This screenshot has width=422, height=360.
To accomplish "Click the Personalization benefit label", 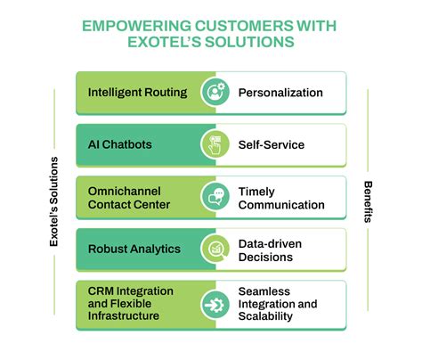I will tap(280, 93).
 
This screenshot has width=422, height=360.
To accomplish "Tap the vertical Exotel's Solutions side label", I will tap(54, 199).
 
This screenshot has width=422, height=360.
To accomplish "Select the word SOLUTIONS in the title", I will tap(252, 44).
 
